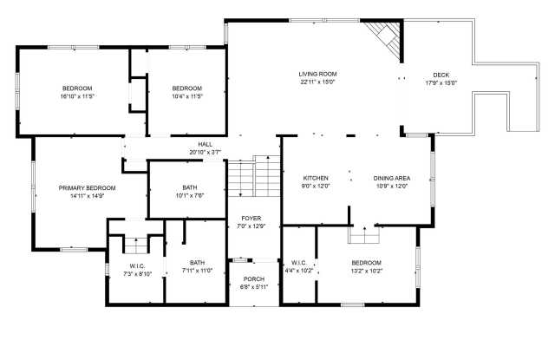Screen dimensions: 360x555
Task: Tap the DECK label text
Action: [x=441, y=75]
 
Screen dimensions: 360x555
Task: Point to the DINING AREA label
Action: [x=392, y=178]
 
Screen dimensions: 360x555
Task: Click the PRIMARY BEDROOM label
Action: [x=87, y=187]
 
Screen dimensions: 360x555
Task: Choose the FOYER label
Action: [x=251, y=219]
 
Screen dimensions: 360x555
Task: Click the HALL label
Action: [x=205, y=144]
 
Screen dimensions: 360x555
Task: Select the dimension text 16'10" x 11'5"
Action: [x=77, y=96]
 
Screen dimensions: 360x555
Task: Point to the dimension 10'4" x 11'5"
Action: [x=186, y=96]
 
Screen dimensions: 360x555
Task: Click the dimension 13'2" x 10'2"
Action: [x=366, y=271]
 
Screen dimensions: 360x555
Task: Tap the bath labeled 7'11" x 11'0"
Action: [x=197, y=271]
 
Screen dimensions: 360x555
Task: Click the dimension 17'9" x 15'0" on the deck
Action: [x=441, y=83]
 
